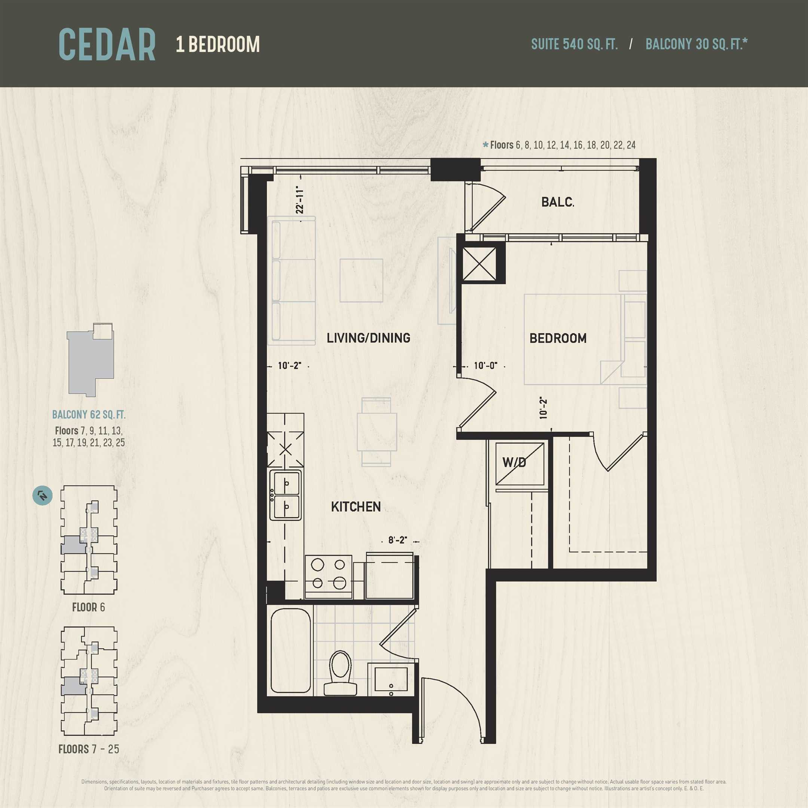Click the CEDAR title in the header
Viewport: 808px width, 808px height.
pyautogui.click(x=107, y=45)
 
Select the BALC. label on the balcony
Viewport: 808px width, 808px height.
pyautogui.click(x=557, y=202)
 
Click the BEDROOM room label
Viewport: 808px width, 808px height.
pyautogui.click(x=558, y=338)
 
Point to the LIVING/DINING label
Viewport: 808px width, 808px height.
pyautogui.click(x=368, y=338)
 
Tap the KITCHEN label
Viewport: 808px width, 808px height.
pyautogui.click(x=356, y=507)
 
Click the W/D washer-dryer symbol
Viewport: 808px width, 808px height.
pyautogui.click(x=520, y=463)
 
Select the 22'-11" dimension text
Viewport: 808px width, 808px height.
pyautogui.click(x=299, y=199)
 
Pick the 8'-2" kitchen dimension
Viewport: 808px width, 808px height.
pyautogui.click(x=397, y=540)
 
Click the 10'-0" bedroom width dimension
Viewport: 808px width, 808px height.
pyautogui.click(x=485, y=365)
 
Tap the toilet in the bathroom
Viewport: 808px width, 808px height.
pyautogui.click(x=340, y=673)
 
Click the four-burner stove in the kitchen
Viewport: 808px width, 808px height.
pyautogui.click(x=329, y=577)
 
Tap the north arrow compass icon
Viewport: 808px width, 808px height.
pyautogui.click(x=43, y=496)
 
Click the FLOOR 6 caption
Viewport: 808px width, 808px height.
pyautogui.click(x=89, y=607)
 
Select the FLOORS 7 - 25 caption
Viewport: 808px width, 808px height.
pyautogui.click(x=89, y=749)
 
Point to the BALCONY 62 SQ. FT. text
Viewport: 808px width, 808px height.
pyautogui.click(x=89, y=414)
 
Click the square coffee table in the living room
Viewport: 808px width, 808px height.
pyautogui.click(x=361, y=280)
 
